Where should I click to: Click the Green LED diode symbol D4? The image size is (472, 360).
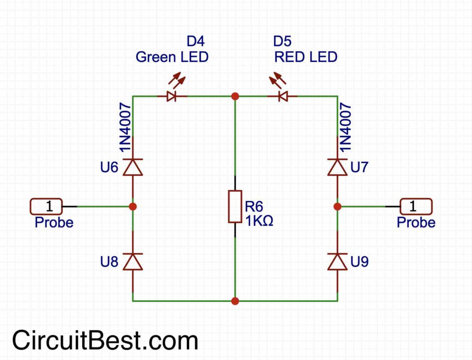pos(171,96)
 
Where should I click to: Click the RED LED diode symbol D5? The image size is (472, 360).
pos(283,96)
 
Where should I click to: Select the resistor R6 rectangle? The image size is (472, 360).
pos(235,207)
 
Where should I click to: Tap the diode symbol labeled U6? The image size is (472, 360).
pos(133,168)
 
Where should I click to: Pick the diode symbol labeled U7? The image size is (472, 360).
pos(337,168)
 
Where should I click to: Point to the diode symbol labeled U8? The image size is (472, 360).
pos(133,262)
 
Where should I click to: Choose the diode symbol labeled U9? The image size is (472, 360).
pos(337,262)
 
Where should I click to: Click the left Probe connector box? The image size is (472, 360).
pos(47,206)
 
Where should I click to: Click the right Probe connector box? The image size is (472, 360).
pos(416,206)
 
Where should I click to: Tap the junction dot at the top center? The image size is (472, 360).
pos(235,96)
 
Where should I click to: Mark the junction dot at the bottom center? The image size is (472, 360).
pos(235,301)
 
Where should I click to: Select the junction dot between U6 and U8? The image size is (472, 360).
pos(133,206)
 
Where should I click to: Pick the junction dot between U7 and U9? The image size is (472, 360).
pos(337,206)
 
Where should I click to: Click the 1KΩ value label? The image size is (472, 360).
pos(259,220)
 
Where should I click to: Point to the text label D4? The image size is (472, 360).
pos(196,42)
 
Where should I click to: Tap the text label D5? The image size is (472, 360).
pos(282,42)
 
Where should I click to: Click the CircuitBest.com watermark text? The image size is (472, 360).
pos(105,341)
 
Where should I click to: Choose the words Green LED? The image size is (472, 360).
pos(172,57)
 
